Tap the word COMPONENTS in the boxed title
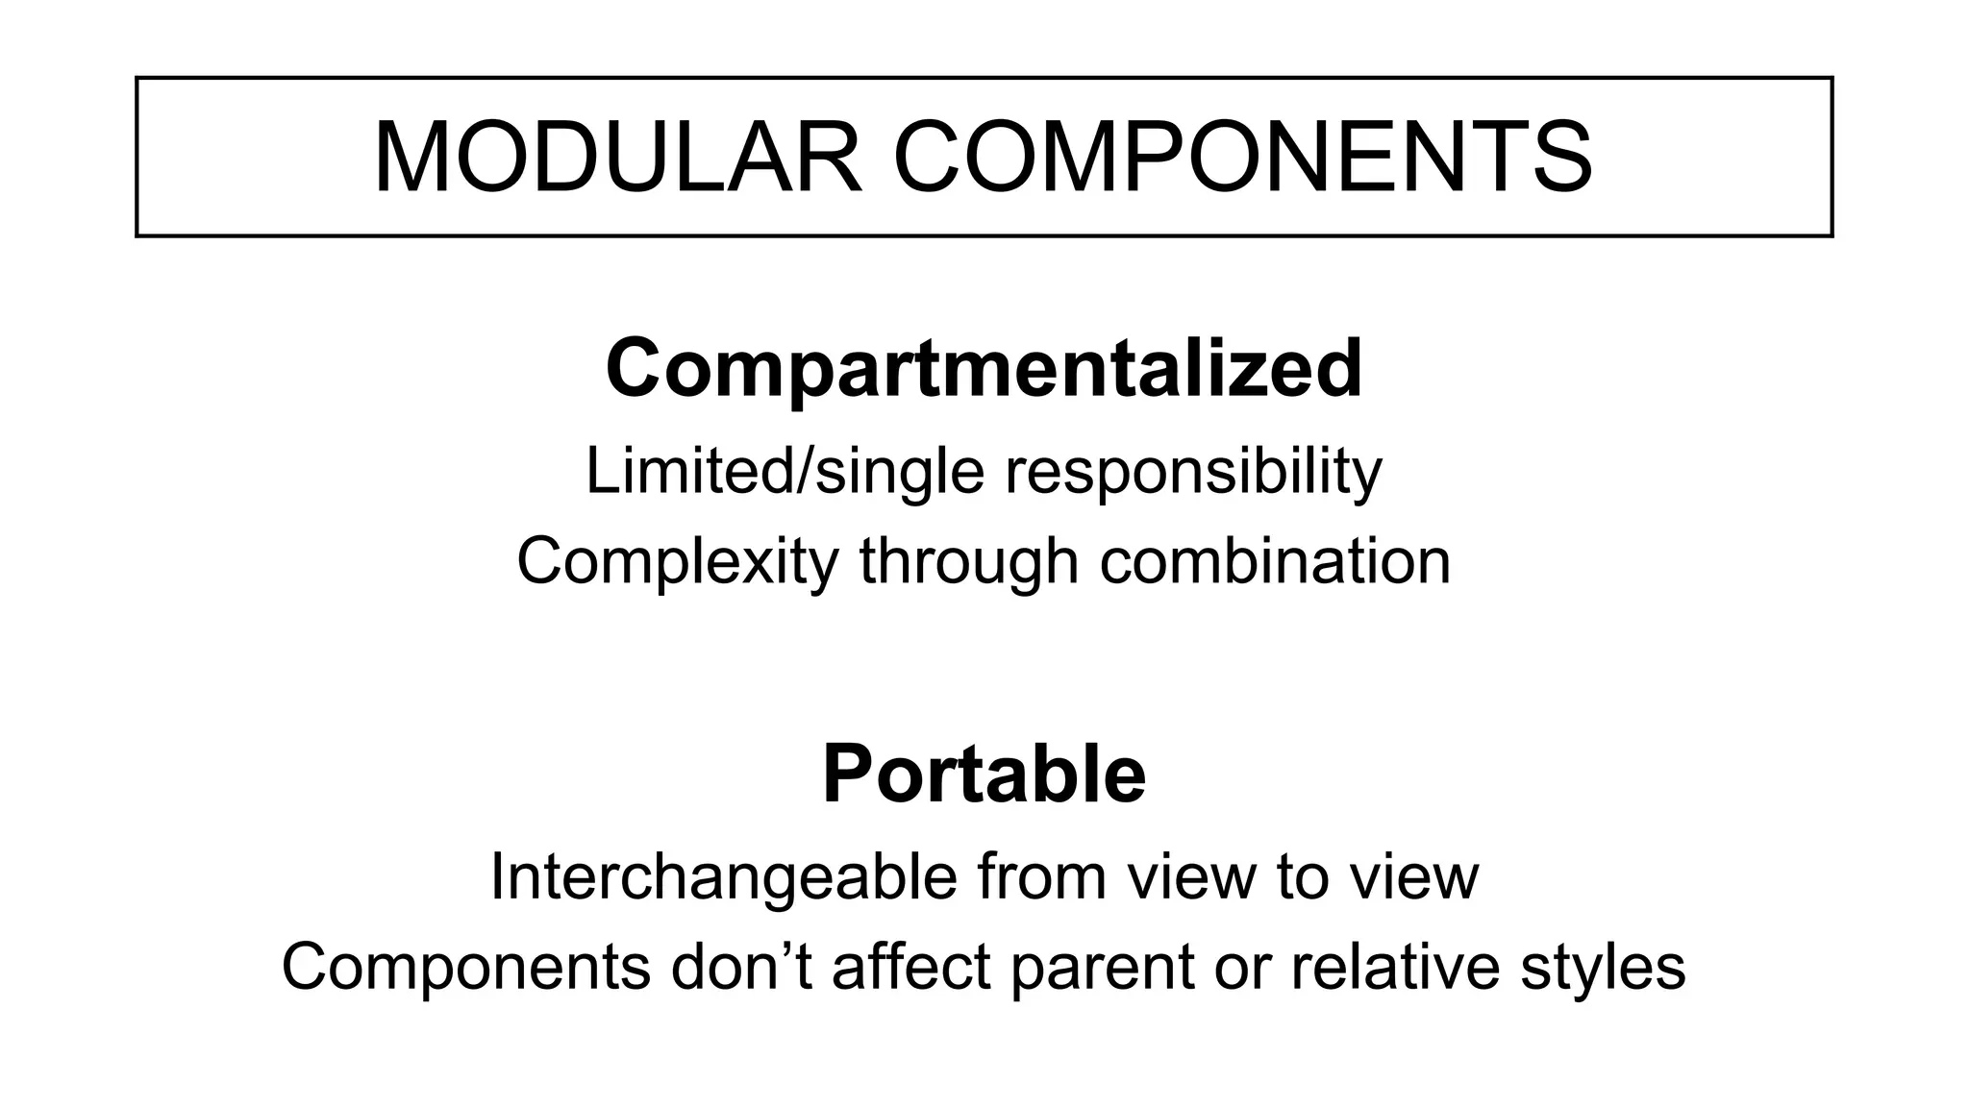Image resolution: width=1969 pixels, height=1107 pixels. click(x=1242, y=158)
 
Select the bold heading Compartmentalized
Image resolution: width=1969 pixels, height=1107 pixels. click(x=984, y=369)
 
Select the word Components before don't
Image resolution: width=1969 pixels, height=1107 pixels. click(x=465, y=967)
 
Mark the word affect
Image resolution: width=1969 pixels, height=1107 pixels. click(x=910, y=967)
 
